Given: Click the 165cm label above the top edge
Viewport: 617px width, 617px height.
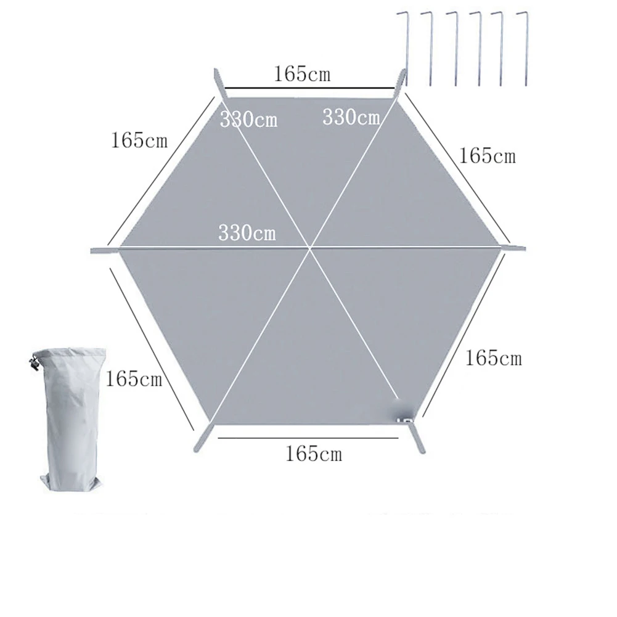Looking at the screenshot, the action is (x=302, y=73).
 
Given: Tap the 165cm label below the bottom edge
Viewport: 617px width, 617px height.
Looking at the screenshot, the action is (x=314, y=454).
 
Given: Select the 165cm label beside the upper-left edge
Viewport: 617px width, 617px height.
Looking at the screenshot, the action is (x=139, y=140).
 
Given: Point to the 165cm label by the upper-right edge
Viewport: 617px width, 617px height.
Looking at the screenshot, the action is (x=487, y=156).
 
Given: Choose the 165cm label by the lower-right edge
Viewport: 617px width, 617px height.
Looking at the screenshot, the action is (x=494, y=358).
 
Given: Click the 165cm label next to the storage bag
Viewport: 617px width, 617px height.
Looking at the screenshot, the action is (x=134, y=379).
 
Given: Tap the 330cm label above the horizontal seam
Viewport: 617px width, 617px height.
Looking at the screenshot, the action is (x=247, y=232).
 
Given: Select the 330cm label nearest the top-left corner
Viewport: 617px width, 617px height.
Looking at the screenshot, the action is (x=248, y=119).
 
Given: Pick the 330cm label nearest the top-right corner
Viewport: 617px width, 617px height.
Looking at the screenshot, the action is (x=351, y=117).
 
